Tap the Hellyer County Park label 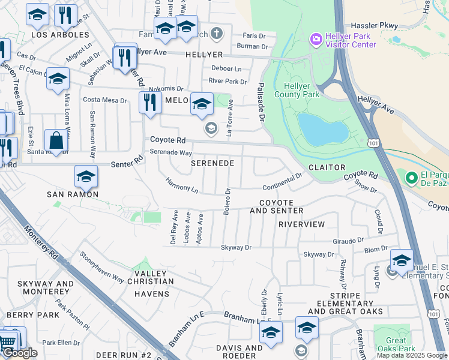pos(297,89)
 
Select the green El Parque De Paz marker pos(411,178)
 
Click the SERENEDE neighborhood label pos(212,163)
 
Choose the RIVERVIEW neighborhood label pos(301,224)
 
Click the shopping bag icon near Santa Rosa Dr pos(56,142)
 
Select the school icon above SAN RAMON pos(86,177)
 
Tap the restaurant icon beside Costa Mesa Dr pos(150,102)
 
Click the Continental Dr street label pos(282,179)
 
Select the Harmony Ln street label pos(182,185)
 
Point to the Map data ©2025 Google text pos(412,355)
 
